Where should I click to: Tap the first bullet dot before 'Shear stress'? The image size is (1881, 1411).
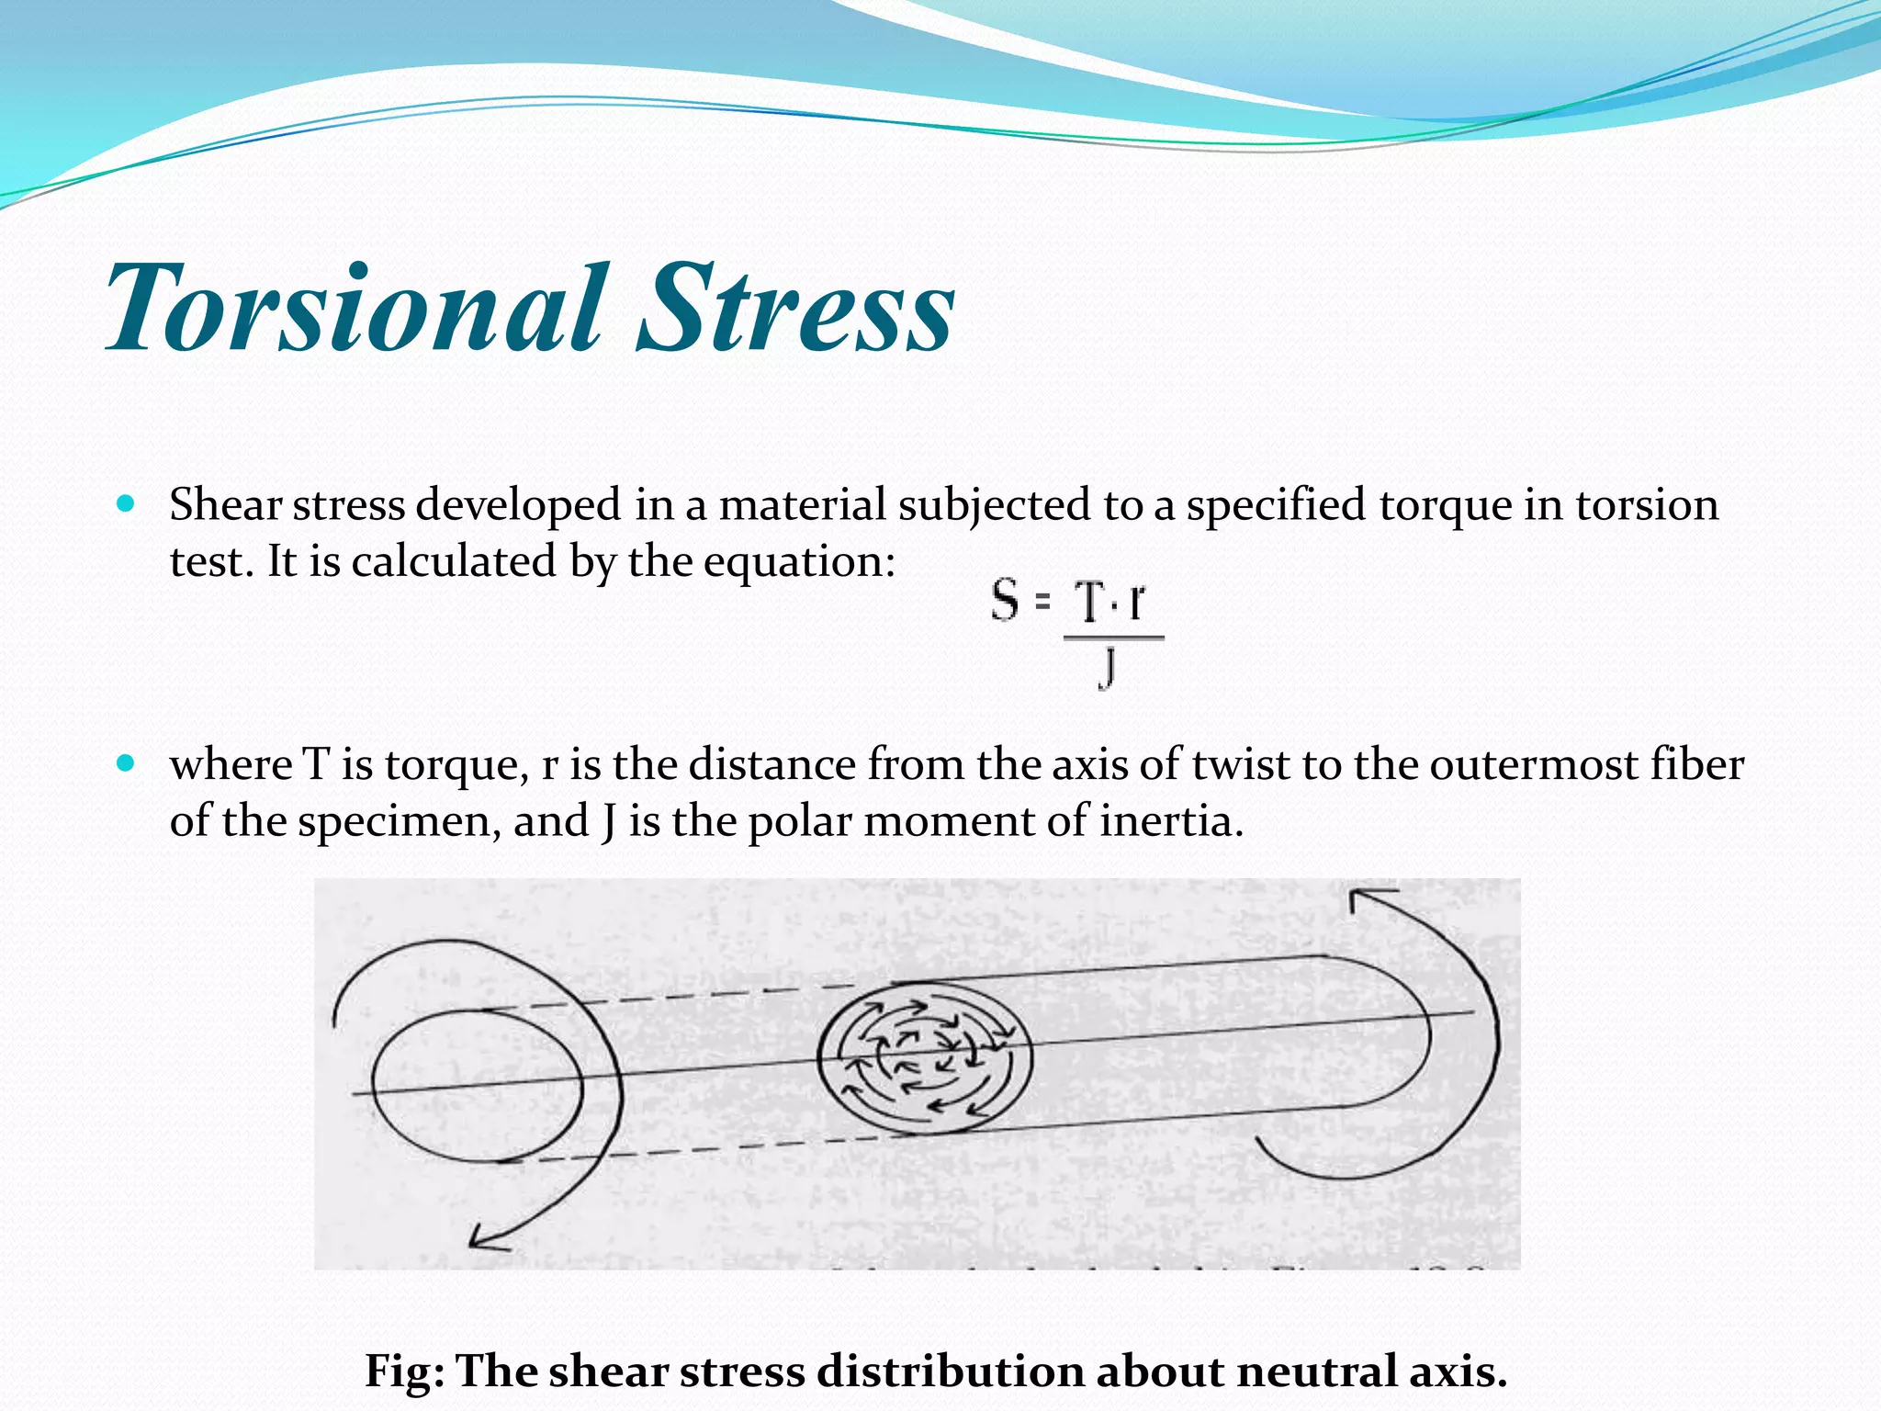pyautogui.click(x=127, y=503)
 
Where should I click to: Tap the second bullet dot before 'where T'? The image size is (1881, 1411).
pyautogui.click(x=127, y=762)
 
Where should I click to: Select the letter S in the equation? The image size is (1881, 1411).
pyautogui.click(x=1006, y=601)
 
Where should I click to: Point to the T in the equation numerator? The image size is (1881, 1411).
pyautogui.click(x=1089, y=604)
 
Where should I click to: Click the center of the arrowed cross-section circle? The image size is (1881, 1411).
pyautogui.click(x=924, y=1056)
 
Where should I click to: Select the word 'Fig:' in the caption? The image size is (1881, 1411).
pyautogui.click(x=404, y=1371)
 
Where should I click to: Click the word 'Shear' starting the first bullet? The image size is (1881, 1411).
pyautogui.click(x=225, y=505)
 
